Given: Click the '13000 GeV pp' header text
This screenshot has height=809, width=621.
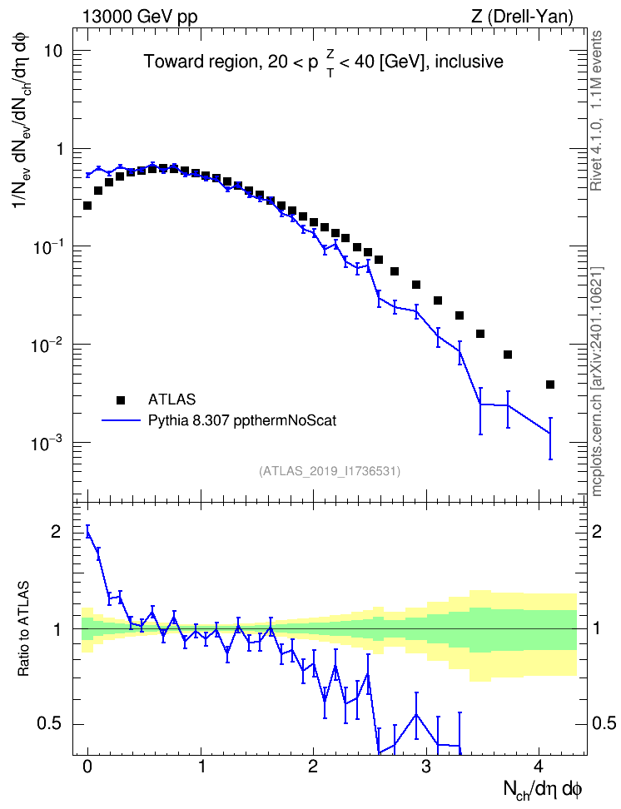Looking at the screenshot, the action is click(140, 17).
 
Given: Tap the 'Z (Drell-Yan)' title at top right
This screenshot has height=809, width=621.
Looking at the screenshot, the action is click(522, 17).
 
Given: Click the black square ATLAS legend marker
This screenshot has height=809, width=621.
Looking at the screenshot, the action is click(121, 400).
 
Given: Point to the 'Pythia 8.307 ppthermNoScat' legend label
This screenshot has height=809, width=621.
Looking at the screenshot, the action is click(242, 421).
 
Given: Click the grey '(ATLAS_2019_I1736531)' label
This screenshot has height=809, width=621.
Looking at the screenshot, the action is click(330, 471).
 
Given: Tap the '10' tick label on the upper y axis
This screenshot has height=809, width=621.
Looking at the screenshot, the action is click(52, 51).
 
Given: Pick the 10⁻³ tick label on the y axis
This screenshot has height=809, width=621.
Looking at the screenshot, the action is click(45, 442).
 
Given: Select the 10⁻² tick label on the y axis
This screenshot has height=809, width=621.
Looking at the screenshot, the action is click(45, 344).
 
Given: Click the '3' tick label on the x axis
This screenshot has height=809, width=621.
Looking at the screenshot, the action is click(426, 767).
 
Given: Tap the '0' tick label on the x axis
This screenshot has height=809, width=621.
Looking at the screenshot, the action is click(87, 767).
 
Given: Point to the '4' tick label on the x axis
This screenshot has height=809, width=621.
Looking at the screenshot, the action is click(539, 767).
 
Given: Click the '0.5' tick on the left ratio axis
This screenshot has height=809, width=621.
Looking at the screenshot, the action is click(50, 724).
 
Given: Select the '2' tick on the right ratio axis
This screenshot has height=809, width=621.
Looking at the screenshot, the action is click(597, 532).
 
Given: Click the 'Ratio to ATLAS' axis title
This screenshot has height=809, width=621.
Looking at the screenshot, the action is click(24, 629).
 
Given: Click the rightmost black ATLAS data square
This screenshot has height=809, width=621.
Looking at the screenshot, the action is click(550, 385).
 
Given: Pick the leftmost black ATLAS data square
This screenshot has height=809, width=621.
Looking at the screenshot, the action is click(87, 206).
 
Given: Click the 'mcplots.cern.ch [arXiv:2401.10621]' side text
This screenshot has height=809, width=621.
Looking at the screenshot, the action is click(597, 381).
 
